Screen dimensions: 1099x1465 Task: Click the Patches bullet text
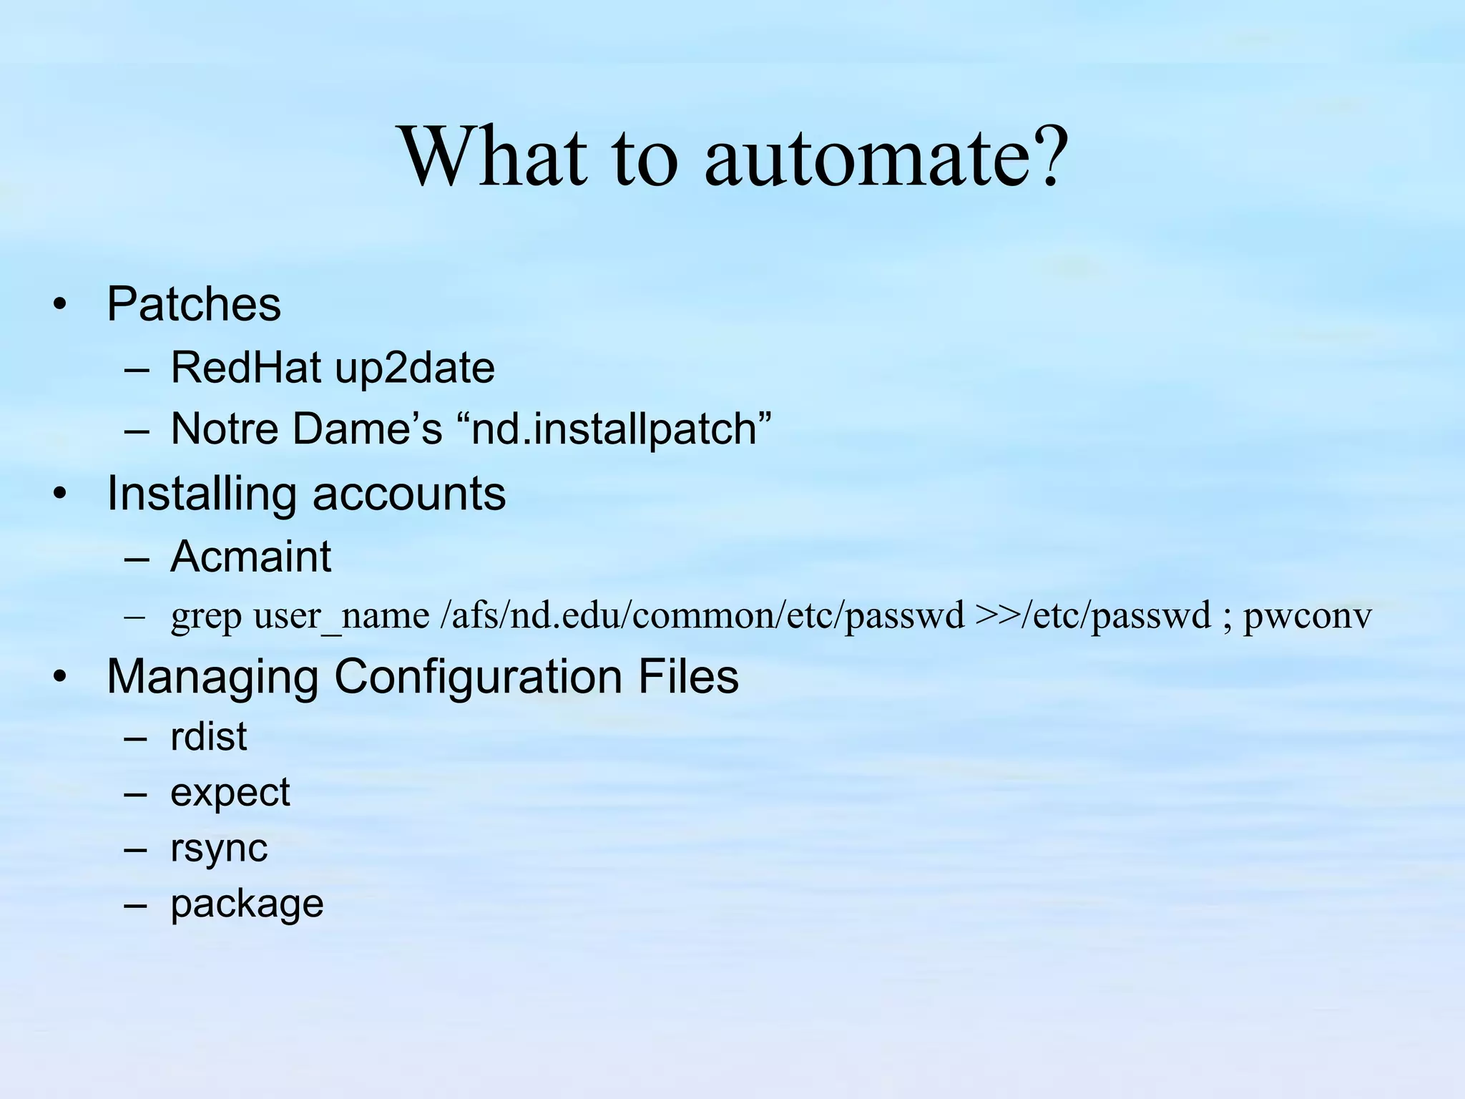[x=194, y=305]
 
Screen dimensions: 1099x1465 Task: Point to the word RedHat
[x=245, y=368]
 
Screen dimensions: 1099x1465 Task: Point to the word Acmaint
[x=251, y=557]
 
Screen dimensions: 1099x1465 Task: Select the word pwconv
[x=1308, y=616]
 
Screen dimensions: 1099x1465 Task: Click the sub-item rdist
[x=209, y=736]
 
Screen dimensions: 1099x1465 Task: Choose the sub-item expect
[x=230, y=793]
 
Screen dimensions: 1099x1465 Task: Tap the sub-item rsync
[x=219, y=849]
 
